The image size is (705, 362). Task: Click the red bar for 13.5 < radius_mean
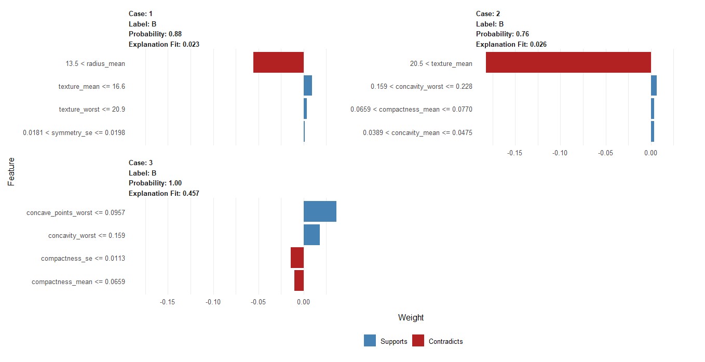[x=278, y=62]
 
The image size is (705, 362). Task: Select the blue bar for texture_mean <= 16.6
[x=308, y=86]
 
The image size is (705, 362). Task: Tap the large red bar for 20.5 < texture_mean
[x=568, y=62]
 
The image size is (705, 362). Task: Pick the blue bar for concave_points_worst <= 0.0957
[x=320, y=211]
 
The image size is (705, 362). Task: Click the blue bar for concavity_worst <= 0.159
[x=311, y=235]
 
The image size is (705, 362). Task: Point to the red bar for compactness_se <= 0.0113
[x=297, y=258]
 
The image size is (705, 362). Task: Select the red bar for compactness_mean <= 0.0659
[x=299, y=280]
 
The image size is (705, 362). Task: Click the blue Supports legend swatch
[x=370, y=341]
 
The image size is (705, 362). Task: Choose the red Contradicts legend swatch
[x=418, y=341]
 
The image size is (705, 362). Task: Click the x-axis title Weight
[x=411, y=318]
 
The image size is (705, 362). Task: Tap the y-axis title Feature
[x=11, y=172]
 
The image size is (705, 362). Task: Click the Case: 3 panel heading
[x=141, y=163]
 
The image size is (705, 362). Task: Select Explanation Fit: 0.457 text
[x=164, y=193]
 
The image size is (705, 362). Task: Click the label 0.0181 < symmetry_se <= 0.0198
[x=74, y=132]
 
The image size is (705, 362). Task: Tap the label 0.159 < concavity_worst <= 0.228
[x=421, y=86]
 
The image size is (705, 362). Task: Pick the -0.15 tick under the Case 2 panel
[x=514, y=153]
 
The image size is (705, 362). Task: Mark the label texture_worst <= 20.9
[x=91, y=109]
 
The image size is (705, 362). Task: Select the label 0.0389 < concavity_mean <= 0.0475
[x=417, y=133]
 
